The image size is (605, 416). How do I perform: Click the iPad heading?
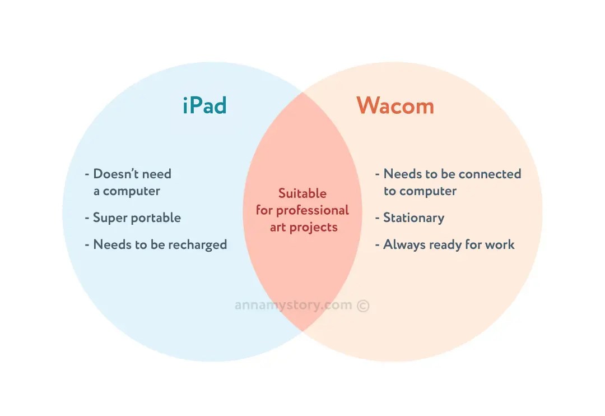[204, 105]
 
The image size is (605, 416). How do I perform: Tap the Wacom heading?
[395, 105]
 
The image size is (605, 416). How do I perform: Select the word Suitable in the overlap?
[302, 193]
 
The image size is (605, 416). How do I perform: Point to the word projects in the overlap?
[318, 227]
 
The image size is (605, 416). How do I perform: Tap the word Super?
[109, 218]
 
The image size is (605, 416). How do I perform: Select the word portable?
[155, 218]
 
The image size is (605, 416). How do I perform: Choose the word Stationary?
[413, 218]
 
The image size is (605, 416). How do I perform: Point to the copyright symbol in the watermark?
[363, 306]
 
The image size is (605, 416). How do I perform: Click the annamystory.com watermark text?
[294, 306]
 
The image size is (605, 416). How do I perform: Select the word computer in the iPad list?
[131, 191]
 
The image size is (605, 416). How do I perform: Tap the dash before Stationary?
[378, 218]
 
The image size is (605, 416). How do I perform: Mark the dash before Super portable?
[87, 218]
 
